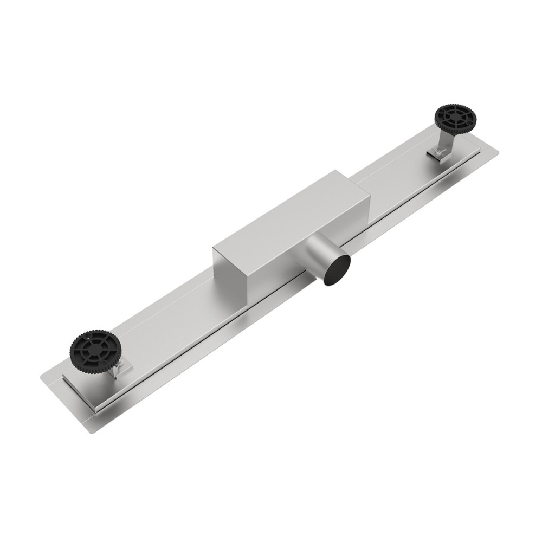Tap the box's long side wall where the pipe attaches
tap(293, 255)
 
